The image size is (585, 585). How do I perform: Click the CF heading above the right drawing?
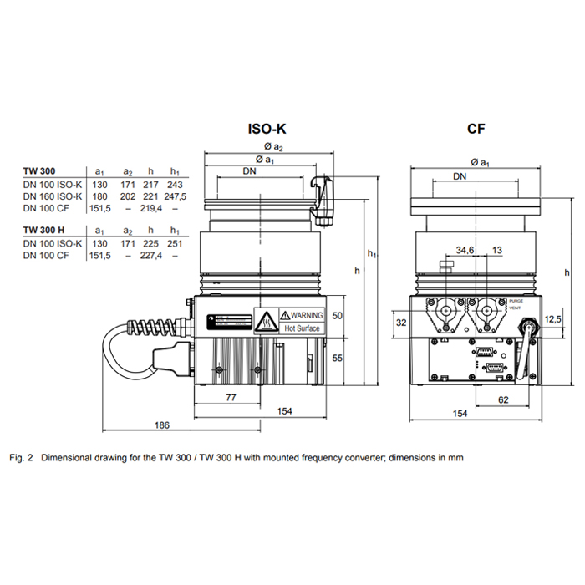[477, 130]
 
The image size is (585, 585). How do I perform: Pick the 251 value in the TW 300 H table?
[175, 243]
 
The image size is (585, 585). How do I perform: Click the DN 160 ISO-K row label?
[53, 196]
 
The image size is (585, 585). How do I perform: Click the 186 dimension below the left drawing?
[162, 425]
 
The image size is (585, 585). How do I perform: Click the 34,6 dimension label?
[465, 250]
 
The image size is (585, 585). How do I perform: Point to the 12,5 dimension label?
[552, 319]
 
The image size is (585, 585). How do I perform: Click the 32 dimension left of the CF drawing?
[400, 322]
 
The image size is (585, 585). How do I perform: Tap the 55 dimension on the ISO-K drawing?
[338, 357]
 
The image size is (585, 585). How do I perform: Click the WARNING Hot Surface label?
[300, 322]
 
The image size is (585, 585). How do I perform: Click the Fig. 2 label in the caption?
[23, 457]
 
